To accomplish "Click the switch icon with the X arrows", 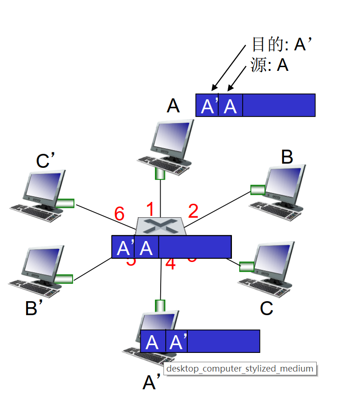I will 160,227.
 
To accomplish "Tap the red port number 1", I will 150,208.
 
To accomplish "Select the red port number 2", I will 193,212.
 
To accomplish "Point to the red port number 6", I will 119,214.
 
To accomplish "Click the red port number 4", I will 170,264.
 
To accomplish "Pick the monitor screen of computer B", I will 284,182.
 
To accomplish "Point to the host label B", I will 287,158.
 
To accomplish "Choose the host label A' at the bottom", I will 152,383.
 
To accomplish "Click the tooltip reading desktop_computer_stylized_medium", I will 240,368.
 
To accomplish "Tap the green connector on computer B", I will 258,190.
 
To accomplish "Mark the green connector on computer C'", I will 66,203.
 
